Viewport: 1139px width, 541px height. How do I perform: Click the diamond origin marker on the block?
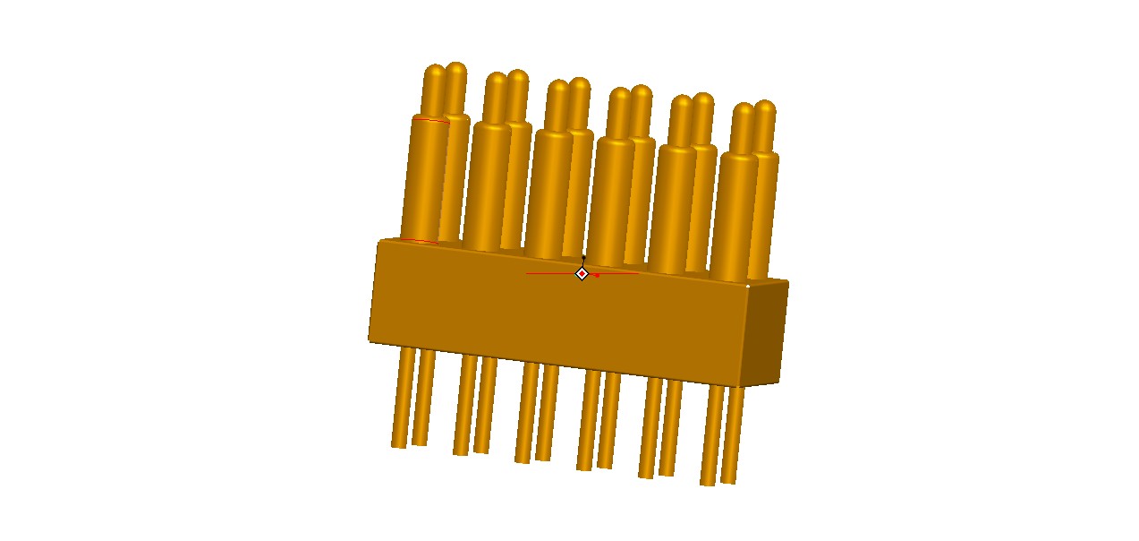[x=582, y=273]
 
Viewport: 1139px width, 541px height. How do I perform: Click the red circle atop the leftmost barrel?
[x=430, y=119]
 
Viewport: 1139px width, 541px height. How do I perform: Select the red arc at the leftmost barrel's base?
[x=419, y=240]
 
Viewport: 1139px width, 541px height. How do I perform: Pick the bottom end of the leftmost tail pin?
[x=399, y=442]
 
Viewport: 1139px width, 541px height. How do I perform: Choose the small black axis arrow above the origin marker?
[x=583, y=259]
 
